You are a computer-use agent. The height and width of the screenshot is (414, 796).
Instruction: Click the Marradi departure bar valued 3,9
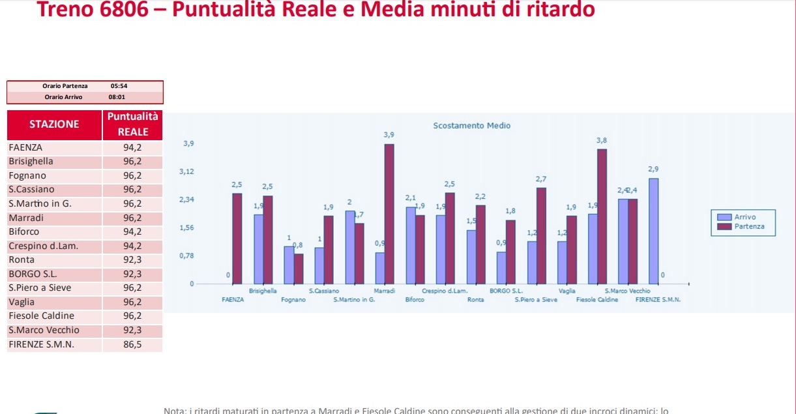(389, 214)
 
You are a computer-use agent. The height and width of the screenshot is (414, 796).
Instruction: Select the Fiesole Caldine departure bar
(602, 216)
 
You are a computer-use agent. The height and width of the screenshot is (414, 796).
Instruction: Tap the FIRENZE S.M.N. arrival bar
(653, 231)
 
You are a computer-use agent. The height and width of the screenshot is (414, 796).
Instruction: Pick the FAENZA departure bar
(237, 239)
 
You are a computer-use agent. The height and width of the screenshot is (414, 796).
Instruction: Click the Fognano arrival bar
(289, 265)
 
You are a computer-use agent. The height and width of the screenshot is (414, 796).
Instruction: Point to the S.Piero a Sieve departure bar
(541, 235)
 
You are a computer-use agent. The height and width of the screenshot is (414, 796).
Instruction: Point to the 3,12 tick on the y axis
(186, 171)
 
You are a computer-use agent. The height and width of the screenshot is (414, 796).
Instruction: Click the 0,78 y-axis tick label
(186, 256)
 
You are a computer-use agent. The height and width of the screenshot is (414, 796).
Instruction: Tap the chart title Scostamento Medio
(472, 125)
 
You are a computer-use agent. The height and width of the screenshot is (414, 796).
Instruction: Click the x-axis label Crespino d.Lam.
(445, 291)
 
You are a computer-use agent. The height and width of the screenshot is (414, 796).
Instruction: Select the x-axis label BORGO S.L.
(506, 291)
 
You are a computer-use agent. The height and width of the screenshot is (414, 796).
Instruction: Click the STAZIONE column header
(54, 125)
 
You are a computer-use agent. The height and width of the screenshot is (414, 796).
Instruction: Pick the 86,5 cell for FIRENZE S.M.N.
(132, 344)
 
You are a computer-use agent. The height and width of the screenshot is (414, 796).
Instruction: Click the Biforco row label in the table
(24, 231)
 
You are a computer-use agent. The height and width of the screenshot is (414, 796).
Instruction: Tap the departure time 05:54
(119, 86)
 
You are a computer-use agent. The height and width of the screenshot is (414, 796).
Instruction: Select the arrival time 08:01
(117, 97)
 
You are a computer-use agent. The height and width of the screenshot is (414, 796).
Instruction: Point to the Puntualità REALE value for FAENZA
(132, 147)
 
